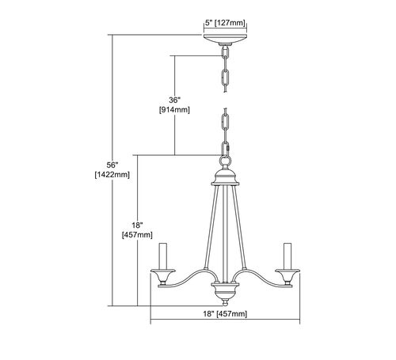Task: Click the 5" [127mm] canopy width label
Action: click(x=225, y=23)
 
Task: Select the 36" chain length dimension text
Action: click(x=174, y=100)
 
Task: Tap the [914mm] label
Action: click(x=174, y=110)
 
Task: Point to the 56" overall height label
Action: click(x=112, y=165)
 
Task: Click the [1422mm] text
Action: click(x=112, y=175)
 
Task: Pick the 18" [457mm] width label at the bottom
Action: click(x=225, y=314)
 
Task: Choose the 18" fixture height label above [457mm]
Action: click(x=137, y=225)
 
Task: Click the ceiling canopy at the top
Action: click(x=225, y=39)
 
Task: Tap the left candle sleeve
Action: click(x=162, y=256)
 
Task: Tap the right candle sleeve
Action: click(x=287, y=256)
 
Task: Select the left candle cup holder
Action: click(x=163, y=278)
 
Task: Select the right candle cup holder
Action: click(x=287, y=278)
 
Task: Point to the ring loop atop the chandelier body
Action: click(x=225, y=160)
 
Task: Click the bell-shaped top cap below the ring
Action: click(x=225, y=176)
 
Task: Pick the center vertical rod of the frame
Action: click(x=225, y=234)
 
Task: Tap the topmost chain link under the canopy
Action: click(x=225, y=53)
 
